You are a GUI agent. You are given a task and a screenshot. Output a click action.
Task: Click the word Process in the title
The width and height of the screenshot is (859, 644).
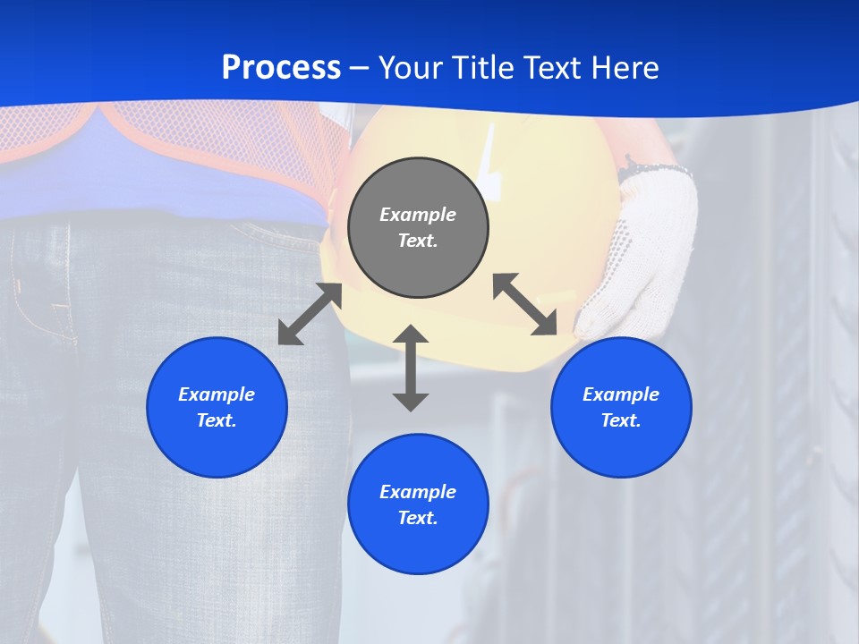(281, 68)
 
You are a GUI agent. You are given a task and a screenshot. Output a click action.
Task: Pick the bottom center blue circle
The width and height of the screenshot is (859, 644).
(418, 546)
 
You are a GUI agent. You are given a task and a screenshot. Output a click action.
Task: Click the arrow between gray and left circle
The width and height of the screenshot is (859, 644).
(310, 314)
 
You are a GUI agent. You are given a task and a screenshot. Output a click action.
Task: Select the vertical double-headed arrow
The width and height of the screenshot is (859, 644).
(411, 368)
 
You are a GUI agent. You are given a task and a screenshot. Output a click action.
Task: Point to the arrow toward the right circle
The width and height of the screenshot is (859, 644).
(525, 304)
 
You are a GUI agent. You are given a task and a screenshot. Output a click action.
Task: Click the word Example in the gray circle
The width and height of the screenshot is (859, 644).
(418, 215)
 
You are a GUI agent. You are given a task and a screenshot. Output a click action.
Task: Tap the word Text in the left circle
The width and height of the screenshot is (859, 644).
(216, 420)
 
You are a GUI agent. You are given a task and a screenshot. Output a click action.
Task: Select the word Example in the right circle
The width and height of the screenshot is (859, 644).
(621, 394)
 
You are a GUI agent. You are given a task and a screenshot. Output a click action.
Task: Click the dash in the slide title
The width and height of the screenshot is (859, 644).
(359, 68)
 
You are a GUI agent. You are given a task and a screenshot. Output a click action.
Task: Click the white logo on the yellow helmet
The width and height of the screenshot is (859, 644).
(490, 157)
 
